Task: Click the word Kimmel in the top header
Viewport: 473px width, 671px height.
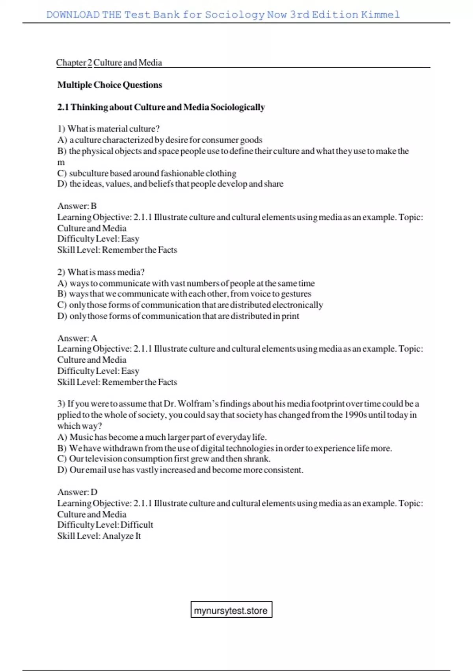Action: tap(380, 15)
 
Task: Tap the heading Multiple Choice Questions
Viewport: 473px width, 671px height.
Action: tap(110, 85)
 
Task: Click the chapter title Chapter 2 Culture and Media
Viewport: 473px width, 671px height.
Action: tap(109, 62)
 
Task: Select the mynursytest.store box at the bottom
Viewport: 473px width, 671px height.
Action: tap(231, 610)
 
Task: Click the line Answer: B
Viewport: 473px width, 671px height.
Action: tap(77, 206)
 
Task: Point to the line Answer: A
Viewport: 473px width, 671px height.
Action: tap(77, 338)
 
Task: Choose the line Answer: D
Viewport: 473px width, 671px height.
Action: tap(77, 492)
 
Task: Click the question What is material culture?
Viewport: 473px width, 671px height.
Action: tap(114, 129)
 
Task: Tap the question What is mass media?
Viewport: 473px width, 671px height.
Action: tap(106, 272)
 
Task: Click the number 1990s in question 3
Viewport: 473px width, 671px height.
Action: tap(356, 414)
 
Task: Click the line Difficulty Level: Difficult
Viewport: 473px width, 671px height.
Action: tap(105, 525)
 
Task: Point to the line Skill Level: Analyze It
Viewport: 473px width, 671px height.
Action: tap(99, 536)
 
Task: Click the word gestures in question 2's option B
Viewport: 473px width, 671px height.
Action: tap(296, 294)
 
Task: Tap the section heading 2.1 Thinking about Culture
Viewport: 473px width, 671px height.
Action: tap(161, 107)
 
